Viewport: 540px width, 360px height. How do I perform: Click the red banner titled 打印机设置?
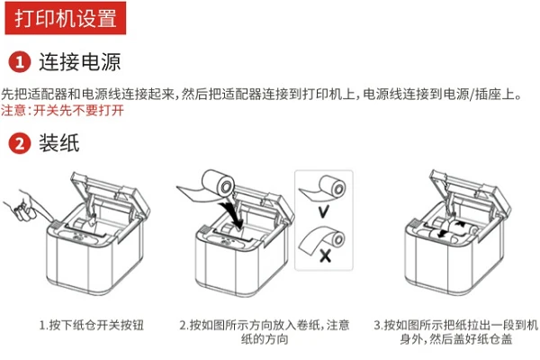[66, 18]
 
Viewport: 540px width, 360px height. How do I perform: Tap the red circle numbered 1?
[19, 62]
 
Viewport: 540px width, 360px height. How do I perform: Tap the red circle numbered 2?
[19, 143]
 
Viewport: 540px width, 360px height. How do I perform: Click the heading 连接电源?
[79, 62]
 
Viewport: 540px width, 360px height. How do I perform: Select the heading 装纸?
[58, 143]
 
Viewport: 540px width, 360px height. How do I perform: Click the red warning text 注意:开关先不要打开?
[62, 110]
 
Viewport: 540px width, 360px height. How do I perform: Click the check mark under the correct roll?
[323, 211]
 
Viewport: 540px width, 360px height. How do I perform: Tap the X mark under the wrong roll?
[325, 256]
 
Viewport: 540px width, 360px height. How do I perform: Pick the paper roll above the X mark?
[321, 239]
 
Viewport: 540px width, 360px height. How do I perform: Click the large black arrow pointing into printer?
[233, 213]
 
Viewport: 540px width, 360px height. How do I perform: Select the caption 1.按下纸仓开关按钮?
[91, 325]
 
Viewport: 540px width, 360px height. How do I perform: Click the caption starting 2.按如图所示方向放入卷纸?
[264, 332]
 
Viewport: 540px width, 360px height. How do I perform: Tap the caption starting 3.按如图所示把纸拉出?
[455, 332]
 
